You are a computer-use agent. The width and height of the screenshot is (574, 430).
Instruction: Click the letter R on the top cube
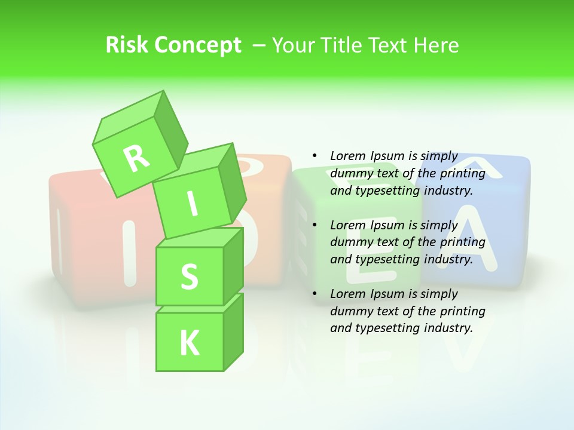[x=136, y=158]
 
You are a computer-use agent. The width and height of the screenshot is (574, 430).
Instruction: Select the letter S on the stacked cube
[x=189, y=277]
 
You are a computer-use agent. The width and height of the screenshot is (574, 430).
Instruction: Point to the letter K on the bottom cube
[x=189, y=343]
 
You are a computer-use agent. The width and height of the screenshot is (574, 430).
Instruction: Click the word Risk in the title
[x=126, y=45]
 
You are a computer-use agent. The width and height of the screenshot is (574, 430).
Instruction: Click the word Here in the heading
[x=435, y=45]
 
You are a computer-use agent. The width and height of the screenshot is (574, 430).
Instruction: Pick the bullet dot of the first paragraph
[x=315, y=156]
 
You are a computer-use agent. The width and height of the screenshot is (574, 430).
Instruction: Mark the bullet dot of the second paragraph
[x=315, y=225]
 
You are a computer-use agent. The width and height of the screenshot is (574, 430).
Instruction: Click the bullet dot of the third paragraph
[x=315, y=294]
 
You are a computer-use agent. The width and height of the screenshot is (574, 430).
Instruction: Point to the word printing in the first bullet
[x=463, y=173]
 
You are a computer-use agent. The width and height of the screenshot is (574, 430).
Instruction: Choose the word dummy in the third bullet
[x=350, y=311]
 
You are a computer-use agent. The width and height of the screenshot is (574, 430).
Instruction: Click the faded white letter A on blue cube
[x=474, y=239]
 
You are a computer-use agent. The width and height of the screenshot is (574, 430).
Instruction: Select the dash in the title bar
[x=260, y=45]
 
